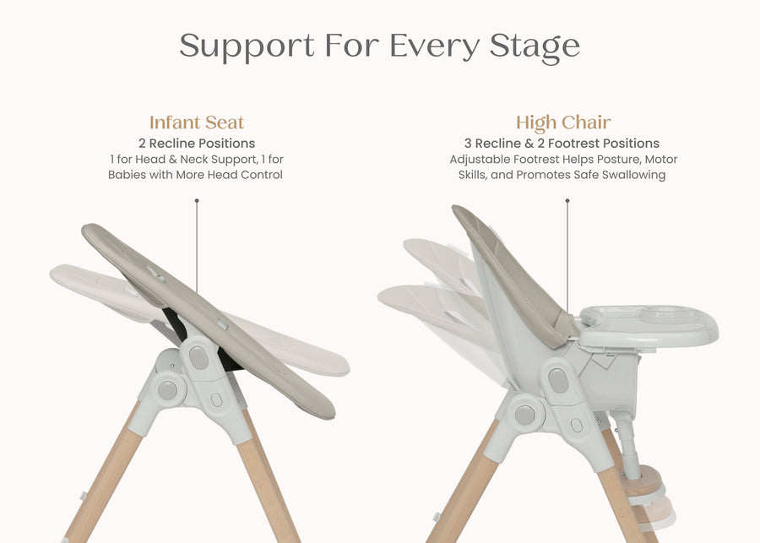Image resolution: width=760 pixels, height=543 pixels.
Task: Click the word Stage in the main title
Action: click(x=537, y=46)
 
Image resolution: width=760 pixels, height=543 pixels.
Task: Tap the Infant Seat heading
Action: click(x=197, y=122)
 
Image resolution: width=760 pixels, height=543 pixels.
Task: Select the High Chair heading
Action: click(x=563, y=122)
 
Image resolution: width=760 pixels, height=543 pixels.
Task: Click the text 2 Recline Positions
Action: click(x=197, y=144)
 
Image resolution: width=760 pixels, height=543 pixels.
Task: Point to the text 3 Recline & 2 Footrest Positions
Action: click(x=562, y=144)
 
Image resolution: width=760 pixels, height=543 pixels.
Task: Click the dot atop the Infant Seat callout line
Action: click(x=197, y=201)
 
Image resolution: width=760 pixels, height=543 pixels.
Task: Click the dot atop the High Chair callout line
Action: click(x=567, y=201)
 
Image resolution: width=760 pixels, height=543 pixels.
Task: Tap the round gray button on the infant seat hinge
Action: click(x=167, y=389)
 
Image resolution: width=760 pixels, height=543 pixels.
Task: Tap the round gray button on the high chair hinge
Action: click(x=525, y=415)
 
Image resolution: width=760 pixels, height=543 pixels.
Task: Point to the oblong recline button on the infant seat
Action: click(x=198, y=357)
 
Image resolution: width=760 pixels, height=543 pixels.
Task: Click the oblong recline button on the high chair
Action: click(x=558, y=380)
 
